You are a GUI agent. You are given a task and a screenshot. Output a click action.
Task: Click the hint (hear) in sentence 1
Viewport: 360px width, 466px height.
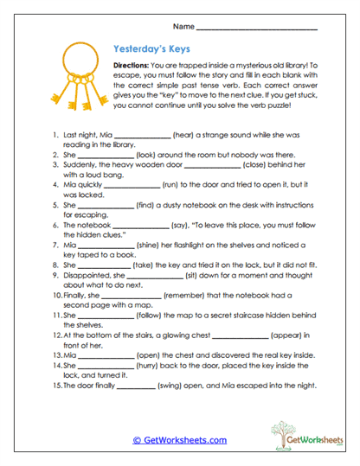[x=186, y=136]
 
